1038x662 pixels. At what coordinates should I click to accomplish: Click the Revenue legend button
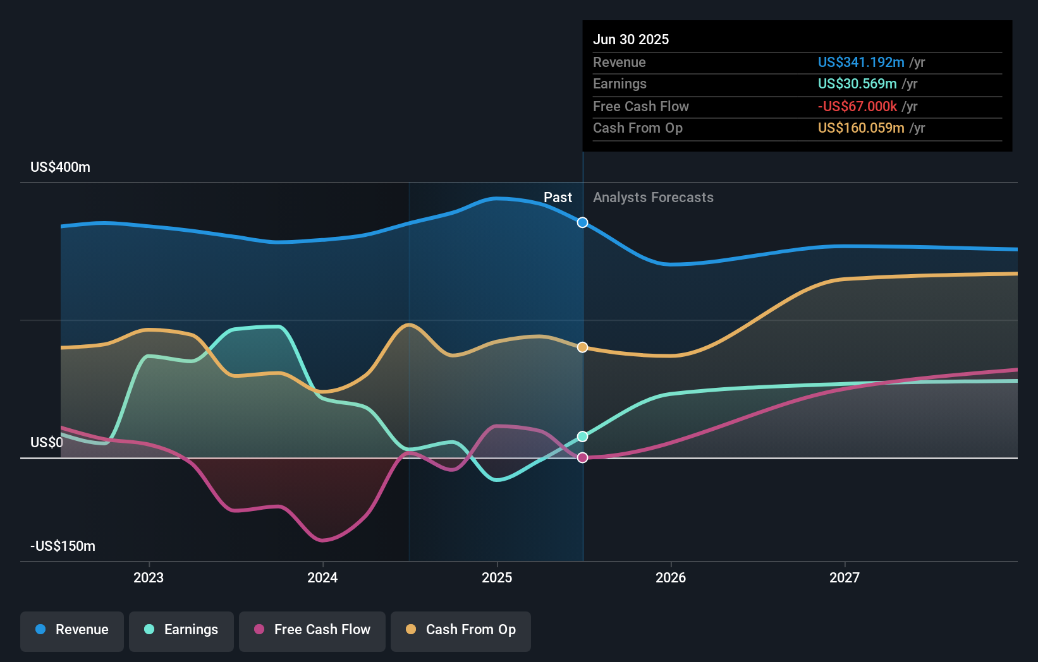point(72,630)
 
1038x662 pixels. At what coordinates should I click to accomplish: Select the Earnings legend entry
point(181,630)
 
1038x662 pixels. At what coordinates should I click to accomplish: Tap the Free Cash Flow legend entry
point(312,630)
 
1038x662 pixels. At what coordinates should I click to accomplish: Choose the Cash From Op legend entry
point(461,630)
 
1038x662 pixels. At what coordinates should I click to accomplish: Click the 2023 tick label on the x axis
point(149,577)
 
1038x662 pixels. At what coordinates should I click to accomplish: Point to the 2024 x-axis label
point(322,577)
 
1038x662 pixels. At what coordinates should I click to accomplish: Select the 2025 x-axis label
point(497,577)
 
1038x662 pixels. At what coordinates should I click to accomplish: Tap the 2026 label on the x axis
point(671,577)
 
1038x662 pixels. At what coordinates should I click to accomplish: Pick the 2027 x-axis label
point(845,577)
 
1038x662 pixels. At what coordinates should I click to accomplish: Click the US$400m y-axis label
point(60,167)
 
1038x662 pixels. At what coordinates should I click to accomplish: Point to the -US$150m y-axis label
point(63,546)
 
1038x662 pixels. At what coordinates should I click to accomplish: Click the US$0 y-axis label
point(47,442)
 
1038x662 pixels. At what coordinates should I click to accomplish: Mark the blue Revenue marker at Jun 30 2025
point(582,222)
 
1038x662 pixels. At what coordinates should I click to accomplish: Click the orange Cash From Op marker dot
point(582,347)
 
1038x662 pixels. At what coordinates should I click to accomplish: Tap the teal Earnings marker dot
point(582,436)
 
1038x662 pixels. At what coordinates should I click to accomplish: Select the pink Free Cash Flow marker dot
point(582,457)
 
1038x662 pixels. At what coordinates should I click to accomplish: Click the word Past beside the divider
point(558,198)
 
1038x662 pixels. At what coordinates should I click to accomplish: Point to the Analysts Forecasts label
point(653,198)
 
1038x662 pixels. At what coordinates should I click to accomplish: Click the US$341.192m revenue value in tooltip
point(860,63)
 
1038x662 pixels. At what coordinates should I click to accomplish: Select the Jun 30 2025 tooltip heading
point(630,39)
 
